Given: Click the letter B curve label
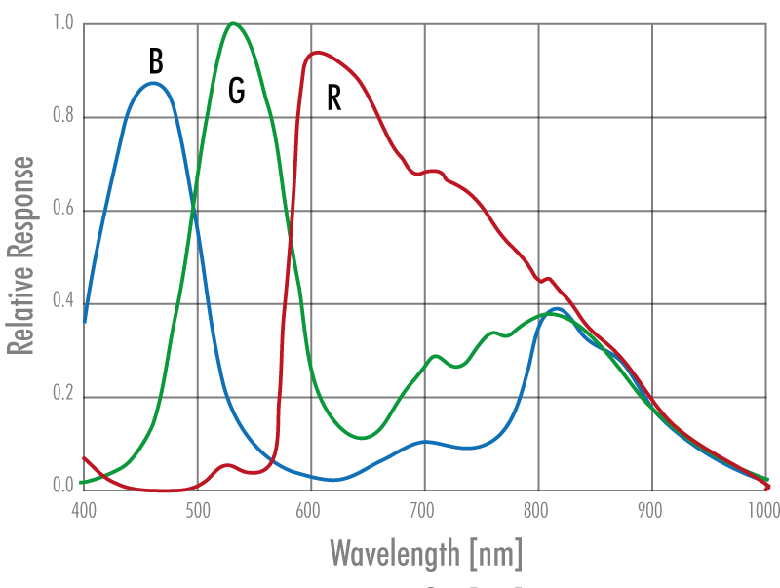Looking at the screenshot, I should [x=156, y=61].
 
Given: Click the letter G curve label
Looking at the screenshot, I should [x=236, y=91].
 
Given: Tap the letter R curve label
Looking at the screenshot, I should [x=333, y=98].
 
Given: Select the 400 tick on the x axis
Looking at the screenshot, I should [x=84, y=508].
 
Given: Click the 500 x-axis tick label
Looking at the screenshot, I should [x=198, y=508].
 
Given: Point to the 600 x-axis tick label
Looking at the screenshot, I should [x=310, y=508].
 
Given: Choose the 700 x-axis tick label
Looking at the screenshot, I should [x=424, y=508].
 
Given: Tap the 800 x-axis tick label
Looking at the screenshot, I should [x=537, y=508].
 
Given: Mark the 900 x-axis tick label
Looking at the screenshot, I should [x=651, y=508].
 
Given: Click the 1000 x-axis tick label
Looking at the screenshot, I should [x=764, y=508].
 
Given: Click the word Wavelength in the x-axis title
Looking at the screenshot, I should [x=395, y=553].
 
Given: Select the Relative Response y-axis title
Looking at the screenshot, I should [x=20, y=255].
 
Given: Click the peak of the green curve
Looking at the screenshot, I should [x=232, y=23].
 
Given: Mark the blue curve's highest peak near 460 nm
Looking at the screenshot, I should [x=153, y=83].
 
